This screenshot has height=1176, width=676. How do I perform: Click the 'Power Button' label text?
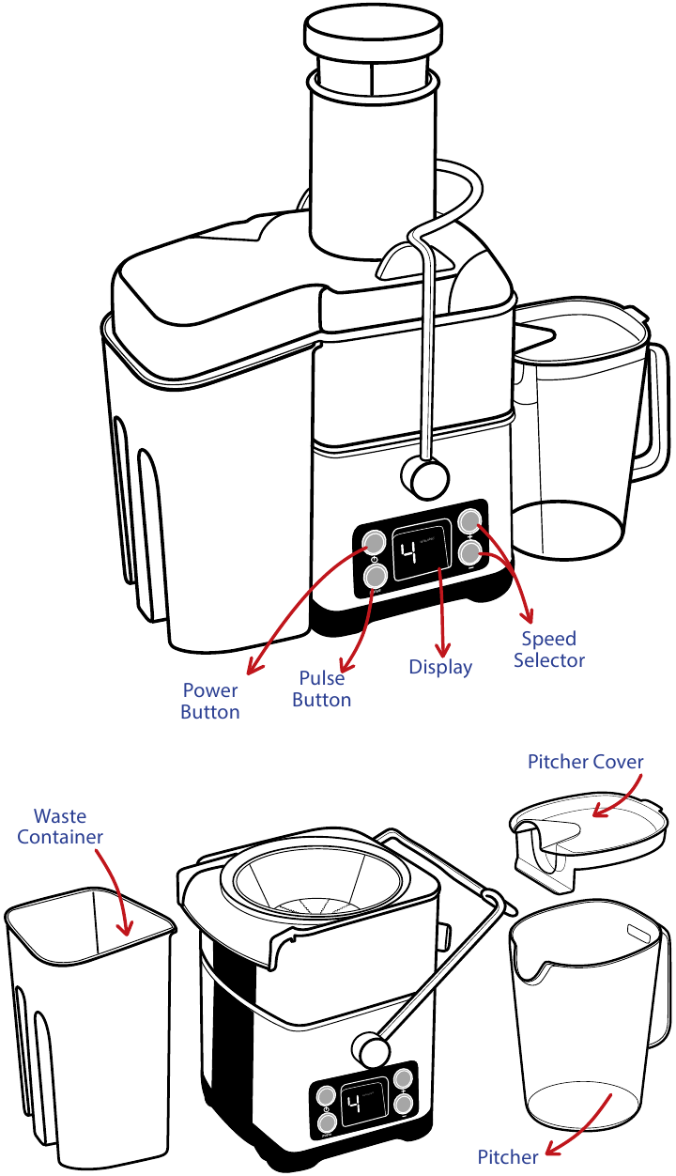pos(210,702)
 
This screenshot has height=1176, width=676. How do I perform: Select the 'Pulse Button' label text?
pos(322,689)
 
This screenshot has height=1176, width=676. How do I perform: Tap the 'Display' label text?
pos(440,667)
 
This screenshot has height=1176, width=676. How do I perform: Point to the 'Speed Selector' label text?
pos(549,649)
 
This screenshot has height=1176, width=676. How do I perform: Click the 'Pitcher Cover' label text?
pos(585,761)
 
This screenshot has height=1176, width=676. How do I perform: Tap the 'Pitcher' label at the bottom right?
pos(508,1156)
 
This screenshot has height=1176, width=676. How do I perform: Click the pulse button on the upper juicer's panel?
pos(375,575)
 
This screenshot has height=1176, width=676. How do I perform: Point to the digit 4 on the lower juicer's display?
pos(355,1106)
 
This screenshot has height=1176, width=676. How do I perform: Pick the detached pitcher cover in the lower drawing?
pos(582,836)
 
